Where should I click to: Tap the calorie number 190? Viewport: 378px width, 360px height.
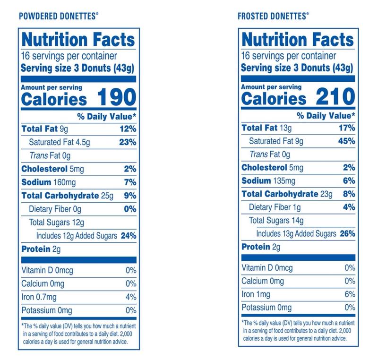pos(117,98)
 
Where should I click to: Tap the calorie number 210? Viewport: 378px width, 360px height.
pos(335,98)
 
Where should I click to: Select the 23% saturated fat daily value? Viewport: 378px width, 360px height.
pos(128,142)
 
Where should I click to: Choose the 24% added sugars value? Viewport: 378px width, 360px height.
pos(128,235)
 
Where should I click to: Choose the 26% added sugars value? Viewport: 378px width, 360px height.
pos(346,233)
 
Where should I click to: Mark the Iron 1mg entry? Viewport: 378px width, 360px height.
pos(257,294)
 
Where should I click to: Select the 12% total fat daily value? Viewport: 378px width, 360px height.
pos(128,129)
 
